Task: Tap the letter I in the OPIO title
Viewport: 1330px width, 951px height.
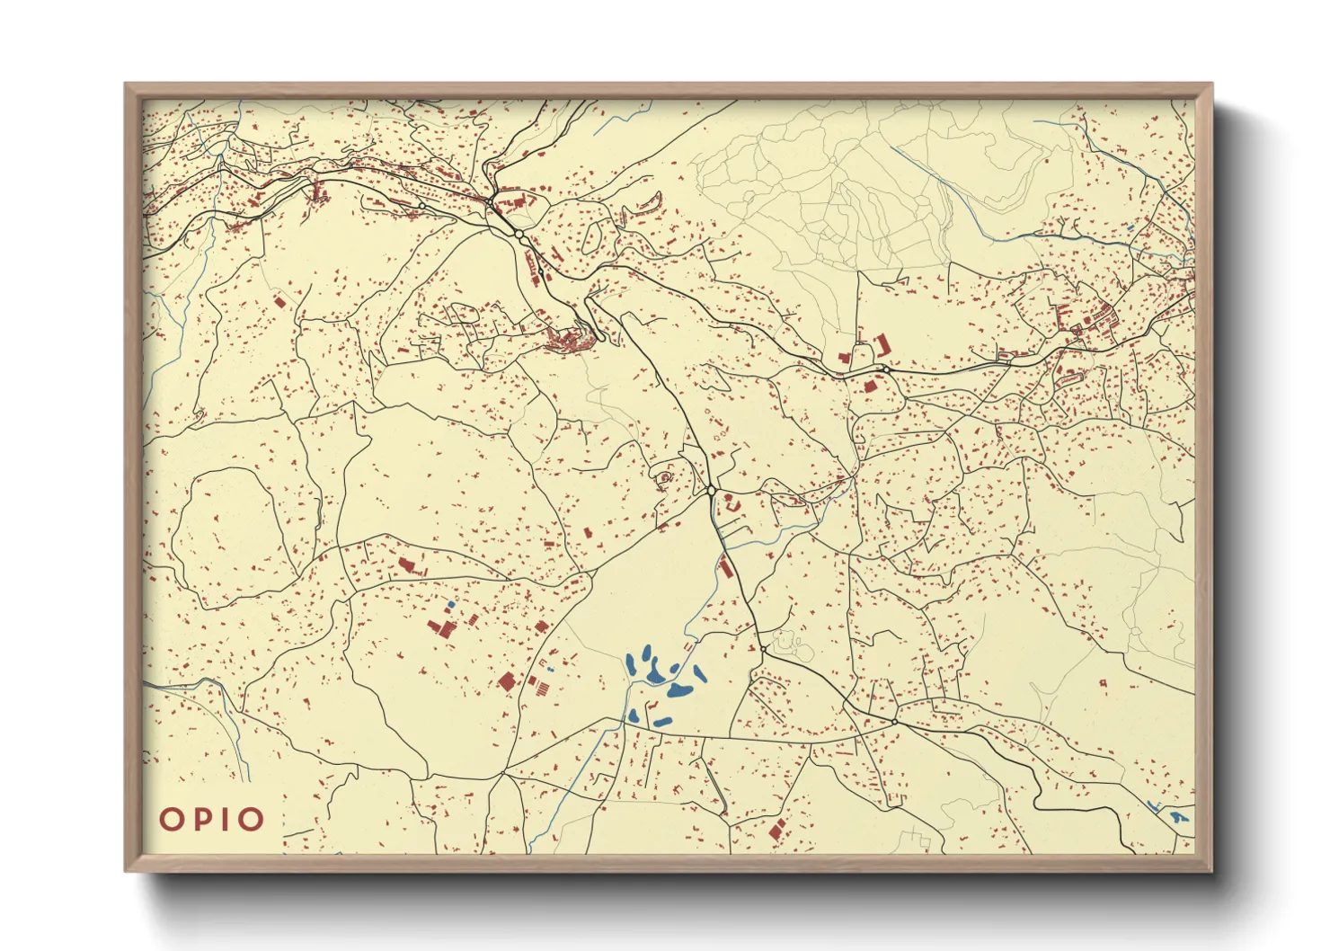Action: click(x=225, y=819)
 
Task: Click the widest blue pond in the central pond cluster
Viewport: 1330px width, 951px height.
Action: click(x=678, y=690)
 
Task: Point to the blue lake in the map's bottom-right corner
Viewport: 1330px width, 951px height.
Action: click(x=1177, y=818)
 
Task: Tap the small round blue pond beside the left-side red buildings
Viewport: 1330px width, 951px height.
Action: click(x=450, y=603)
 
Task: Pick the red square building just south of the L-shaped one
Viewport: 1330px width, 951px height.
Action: click(x=870, y=385)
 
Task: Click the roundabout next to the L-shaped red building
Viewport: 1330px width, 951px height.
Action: click(x=886, y=369)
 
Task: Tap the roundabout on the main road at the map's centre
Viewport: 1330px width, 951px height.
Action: click(x=711, y=491)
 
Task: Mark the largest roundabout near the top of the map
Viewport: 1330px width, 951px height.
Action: click(x=519, y=234)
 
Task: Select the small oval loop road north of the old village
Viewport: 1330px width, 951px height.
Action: click(x=593, y=236)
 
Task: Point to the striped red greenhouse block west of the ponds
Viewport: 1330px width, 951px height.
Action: click(x=542, y=688)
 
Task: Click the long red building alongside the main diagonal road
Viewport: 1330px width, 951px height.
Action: click(x=724, y=566)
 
